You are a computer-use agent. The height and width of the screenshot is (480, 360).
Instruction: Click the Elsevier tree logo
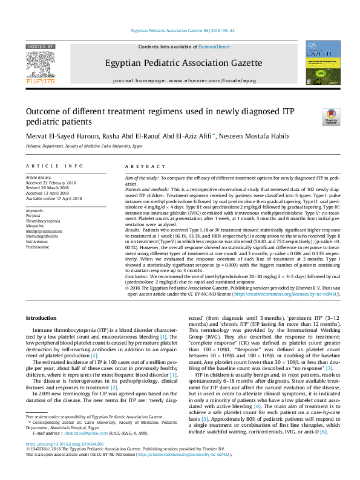click(41, 66)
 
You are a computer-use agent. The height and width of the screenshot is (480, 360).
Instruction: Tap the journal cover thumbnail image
click(322, 63)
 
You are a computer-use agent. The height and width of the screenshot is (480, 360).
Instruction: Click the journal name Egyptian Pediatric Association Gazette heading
click(179, 62)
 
